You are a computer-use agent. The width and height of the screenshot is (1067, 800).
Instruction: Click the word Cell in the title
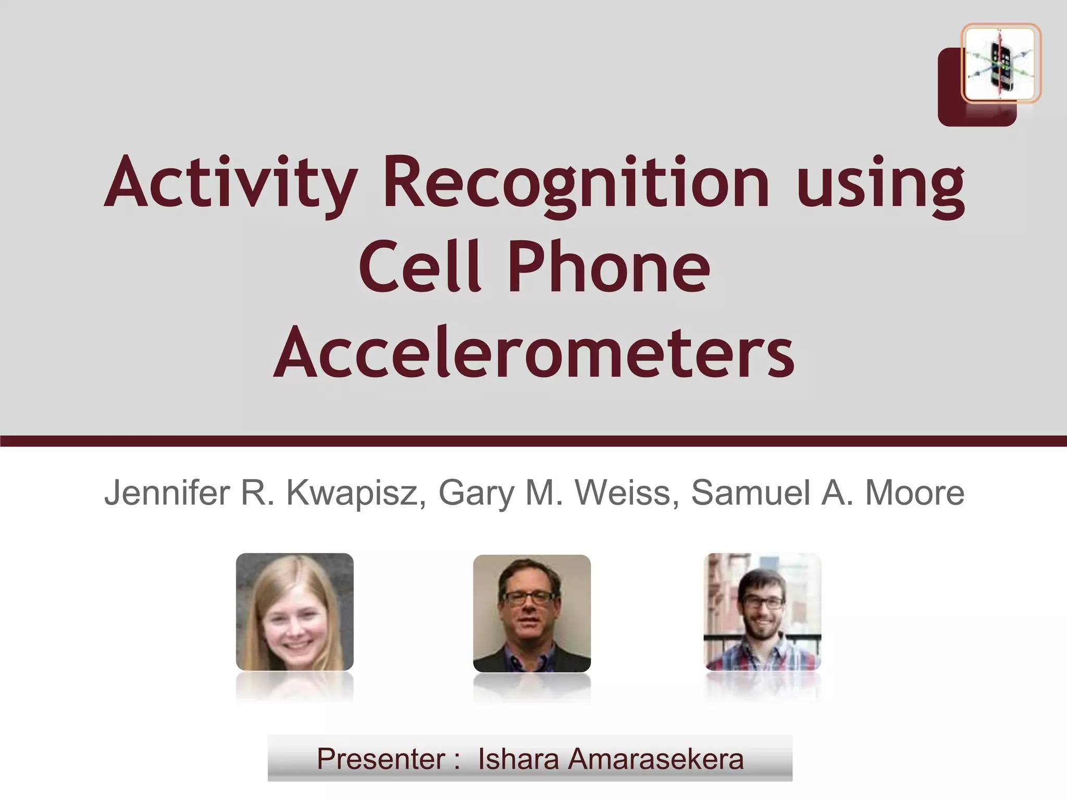point(419,267)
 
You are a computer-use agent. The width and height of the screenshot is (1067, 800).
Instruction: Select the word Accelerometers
point(533,352)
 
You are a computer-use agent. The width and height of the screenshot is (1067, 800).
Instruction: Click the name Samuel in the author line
point(750,493)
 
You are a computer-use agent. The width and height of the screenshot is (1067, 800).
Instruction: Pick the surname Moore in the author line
point(914,493)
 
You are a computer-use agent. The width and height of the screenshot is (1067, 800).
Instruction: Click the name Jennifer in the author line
point(167,493)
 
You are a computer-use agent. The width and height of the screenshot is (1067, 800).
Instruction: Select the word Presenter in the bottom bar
point(381,759)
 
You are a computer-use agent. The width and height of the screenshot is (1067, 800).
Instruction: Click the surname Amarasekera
point(655,759)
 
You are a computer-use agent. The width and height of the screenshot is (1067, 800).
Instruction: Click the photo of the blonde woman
point(295,611)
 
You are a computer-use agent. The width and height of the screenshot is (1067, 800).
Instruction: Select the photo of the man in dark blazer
point(531,612)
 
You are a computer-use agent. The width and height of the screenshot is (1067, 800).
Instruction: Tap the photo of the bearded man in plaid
point(762,611)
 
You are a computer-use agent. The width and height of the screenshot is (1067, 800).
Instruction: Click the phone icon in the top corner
point(1000,64)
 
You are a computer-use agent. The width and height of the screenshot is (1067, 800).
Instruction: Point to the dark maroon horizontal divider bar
point(533,441)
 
